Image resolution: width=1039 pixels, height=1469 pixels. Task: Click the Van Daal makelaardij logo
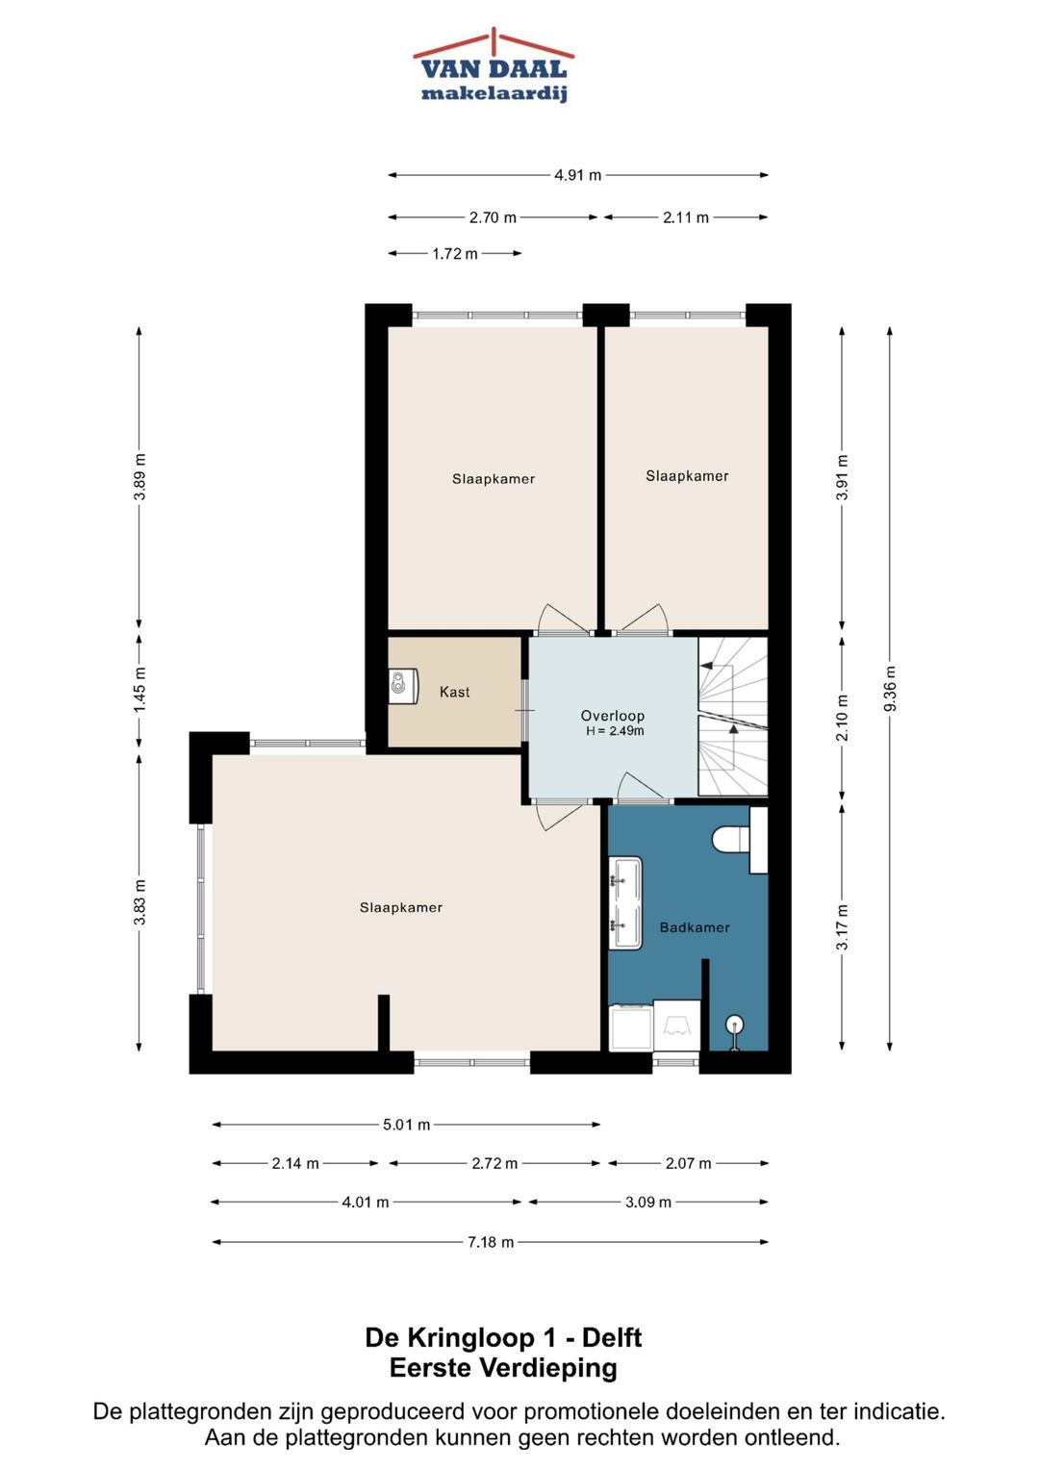click(x=494, y=65)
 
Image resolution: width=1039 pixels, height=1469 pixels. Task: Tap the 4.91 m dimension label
click(x=577, y=175)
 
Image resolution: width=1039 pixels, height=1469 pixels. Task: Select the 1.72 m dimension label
click(x=454, y=254)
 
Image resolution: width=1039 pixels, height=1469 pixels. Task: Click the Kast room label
click(x=454, y=692)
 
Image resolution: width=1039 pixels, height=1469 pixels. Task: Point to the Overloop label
click(x=613, y=716)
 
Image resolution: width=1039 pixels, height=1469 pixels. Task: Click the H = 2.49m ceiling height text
click(x=615, y=731)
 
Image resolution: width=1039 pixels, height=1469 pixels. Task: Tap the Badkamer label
click(x=695, y=927)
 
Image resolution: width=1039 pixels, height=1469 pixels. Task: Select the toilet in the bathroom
click(x=729, y=839)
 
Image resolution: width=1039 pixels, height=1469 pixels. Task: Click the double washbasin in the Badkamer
click(x=625, y=903)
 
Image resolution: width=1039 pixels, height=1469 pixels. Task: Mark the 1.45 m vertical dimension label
click(x=139, y=689)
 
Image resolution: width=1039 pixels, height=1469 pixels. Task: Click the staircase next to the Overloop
click(x=733, y=717)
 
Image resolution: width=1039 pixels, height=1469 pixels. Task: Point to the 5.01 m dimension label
click(x=407, y=1125)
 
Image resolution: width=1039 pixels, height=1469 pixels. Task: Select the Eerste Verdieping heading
click(x=503, y=1369)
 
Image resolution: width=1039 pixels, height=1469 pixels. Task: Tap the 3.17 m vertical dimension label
click(x=842, y=926)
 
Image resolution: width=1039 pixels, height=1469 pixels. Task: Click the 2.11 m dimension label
click(x=685, y=217)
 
